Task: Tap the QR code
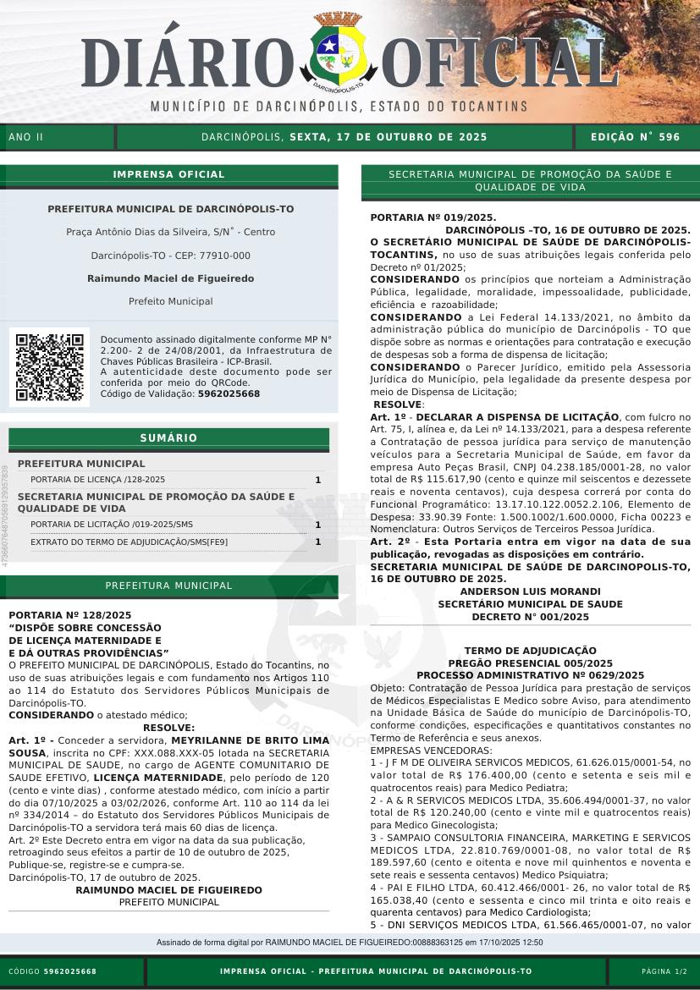50,367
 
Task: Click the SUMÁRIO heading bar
168,437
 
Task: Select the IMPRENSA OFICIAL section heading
168,174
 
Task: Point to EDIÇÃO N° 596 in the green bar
634,136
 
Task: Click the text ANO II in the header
25,136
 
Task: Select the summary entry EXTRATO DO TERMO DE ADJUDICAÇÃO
129,542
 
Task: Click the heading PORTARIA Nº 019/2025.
433,218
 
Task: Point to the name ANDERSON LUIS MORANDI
530,591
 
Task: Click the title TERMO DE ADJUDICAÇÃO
530,652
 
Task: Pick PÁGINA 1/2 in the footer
664,971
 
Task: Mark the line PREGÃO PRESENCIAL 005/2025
530,663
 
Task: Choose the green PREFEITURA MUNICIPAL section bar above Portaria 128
168,586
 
